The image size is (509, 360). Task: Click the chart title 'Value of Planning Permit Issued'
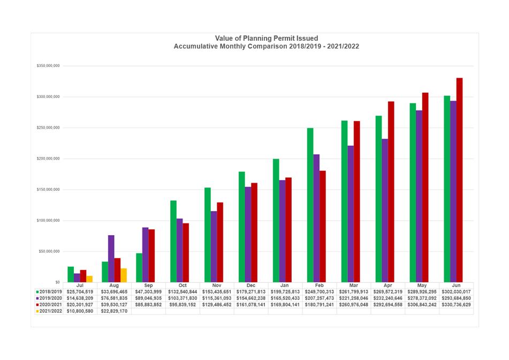[266, 38]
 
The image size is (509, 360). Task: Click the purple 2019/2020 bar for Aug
[111, 258]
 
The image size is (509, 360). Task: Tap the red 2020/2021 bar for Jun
[459, 179]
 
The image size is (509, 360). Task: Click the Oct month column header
[183, 286]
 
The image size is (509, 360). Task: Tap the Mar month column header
[354, 286]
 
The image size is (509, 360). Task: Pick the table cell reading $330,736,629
[456, 304]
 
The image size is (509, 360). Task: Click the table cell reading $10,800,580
[80, 311]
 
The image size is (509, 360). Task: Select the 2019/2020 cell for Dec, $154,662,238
[251, 298]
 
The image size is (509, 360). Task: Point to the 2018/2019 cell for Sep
[148, 291]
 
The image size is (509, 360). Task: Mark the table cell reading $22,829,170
[114, 311]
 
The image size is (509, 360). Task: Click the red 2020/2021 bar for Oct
[186, 252]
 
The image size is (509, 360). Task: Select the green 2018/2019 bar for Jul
[71, 274]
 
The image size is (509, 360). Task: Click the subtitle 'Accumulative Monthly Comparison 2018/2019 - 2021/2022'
[266, 47]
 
